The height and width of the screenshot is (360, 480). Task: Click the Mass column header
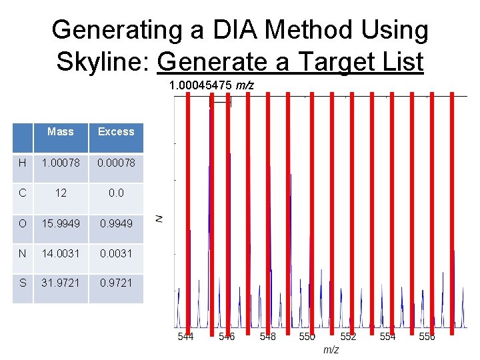[x=61, y=132]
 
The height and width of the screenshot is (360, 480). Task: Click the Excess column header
[x=116, y=132]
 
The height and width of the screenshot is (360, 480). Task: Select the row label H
[x=23, y=163]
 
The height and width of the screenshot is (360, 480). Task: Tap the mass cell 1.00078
[x=61, y=163]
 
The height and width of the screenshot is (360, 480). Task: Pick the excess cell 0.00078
[x=116, y=163]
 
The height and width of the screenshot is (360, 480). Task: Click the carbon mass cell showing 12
[x=61, y=193]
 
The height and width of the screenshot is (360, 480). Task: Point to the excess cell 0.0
[x=116, y=193]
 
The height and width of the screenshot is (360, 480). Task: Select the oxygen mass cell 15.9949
[x=61, y=223]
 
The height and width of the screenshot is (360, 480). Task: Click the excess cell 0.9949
[x=116, y=223]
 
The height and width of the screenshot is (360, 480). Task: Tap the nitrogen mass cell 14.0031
[x=61, y=253]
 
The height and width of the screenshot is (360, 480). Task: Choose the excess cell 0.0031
[x=116, y=253]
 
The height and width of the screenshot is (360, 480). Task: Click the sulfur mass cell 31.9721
[x=61, y=283]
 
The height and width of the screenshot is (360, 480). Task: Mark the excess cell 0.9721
[x=116, y=283]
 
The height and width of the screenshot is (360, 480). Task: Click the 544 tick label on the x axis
[x=185, y=337]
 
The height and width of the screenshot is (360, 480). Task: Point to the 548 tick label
[x=267, y=337]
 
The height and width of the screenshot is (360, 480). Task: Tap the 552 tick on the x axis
[x=348, y=337]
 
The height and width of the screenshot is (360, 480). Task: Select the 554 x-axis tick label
[x=387, y=337]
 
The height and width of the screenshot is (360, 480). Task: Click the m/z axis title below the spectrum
[x=331, y=350]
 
